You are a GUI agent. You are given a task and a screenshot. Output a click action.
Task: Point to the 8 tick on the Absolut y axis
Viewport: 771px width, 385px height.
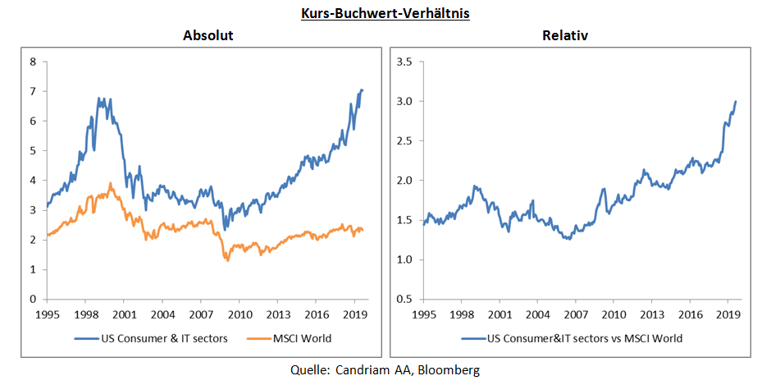tap(34, 62)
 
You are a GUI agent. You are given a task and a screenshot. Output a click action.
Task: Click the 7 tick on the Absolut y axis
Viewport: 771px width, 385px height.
tap(34, 91)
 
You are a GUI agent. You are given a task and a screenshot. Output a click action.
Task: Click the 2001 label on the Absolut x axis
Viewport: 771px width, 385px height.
tap(123, 314)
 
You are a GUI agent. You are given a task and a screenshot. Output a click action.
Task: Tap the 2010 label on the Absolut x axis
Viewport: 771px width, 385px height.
tap(239, 314)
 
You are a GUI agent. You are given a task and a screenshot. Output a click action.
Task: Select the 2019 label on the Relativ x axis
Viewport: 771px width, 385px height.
tap(728, 314)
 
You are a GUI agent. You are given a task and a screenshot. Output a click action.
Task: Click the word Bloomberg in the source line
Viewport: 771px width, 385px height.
tap(449, 370)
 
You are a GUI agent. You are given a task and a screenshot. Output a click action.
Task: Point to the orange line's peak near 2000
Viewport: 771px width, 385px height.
tap(111, 183)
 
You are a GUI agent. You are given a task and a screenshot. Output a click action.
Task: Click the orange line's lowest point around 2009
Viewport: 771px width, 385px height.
tap(227, 260)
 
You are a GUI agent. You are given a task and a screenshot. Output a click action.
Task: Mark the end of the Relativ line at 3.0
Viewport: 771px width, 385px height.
tap(735, 101)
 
